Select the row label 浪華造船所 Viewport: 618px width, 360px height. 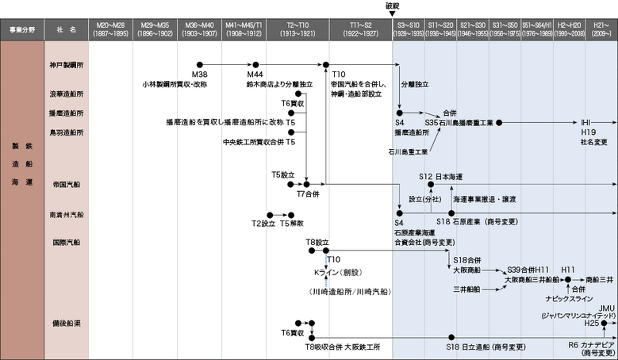(66, 93)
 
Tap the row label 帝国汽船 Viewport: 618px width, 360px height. (66, 183)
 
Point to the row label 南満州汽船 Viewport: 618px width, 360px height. (66, 214)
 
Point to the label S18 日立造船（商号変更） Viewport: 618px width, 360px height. (482, 347)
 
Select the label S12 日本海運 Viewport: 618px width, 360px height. (440, 175)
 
